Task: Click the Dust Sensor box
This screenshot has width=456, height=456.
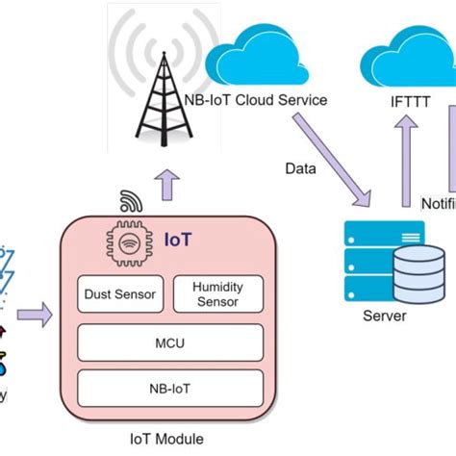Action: (121, 294)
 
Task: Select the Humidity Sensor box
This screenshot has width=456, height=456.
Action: (217, 294)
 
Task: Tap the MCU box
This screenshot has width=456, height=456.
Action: (169, 342)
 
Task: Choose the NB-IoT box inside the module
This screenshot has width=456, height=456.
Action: (169, 389)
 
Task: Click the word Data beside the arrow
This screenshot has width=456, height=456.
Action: (301, 168)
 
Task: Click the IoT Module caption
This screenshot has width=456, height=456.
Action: (166, 439)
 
